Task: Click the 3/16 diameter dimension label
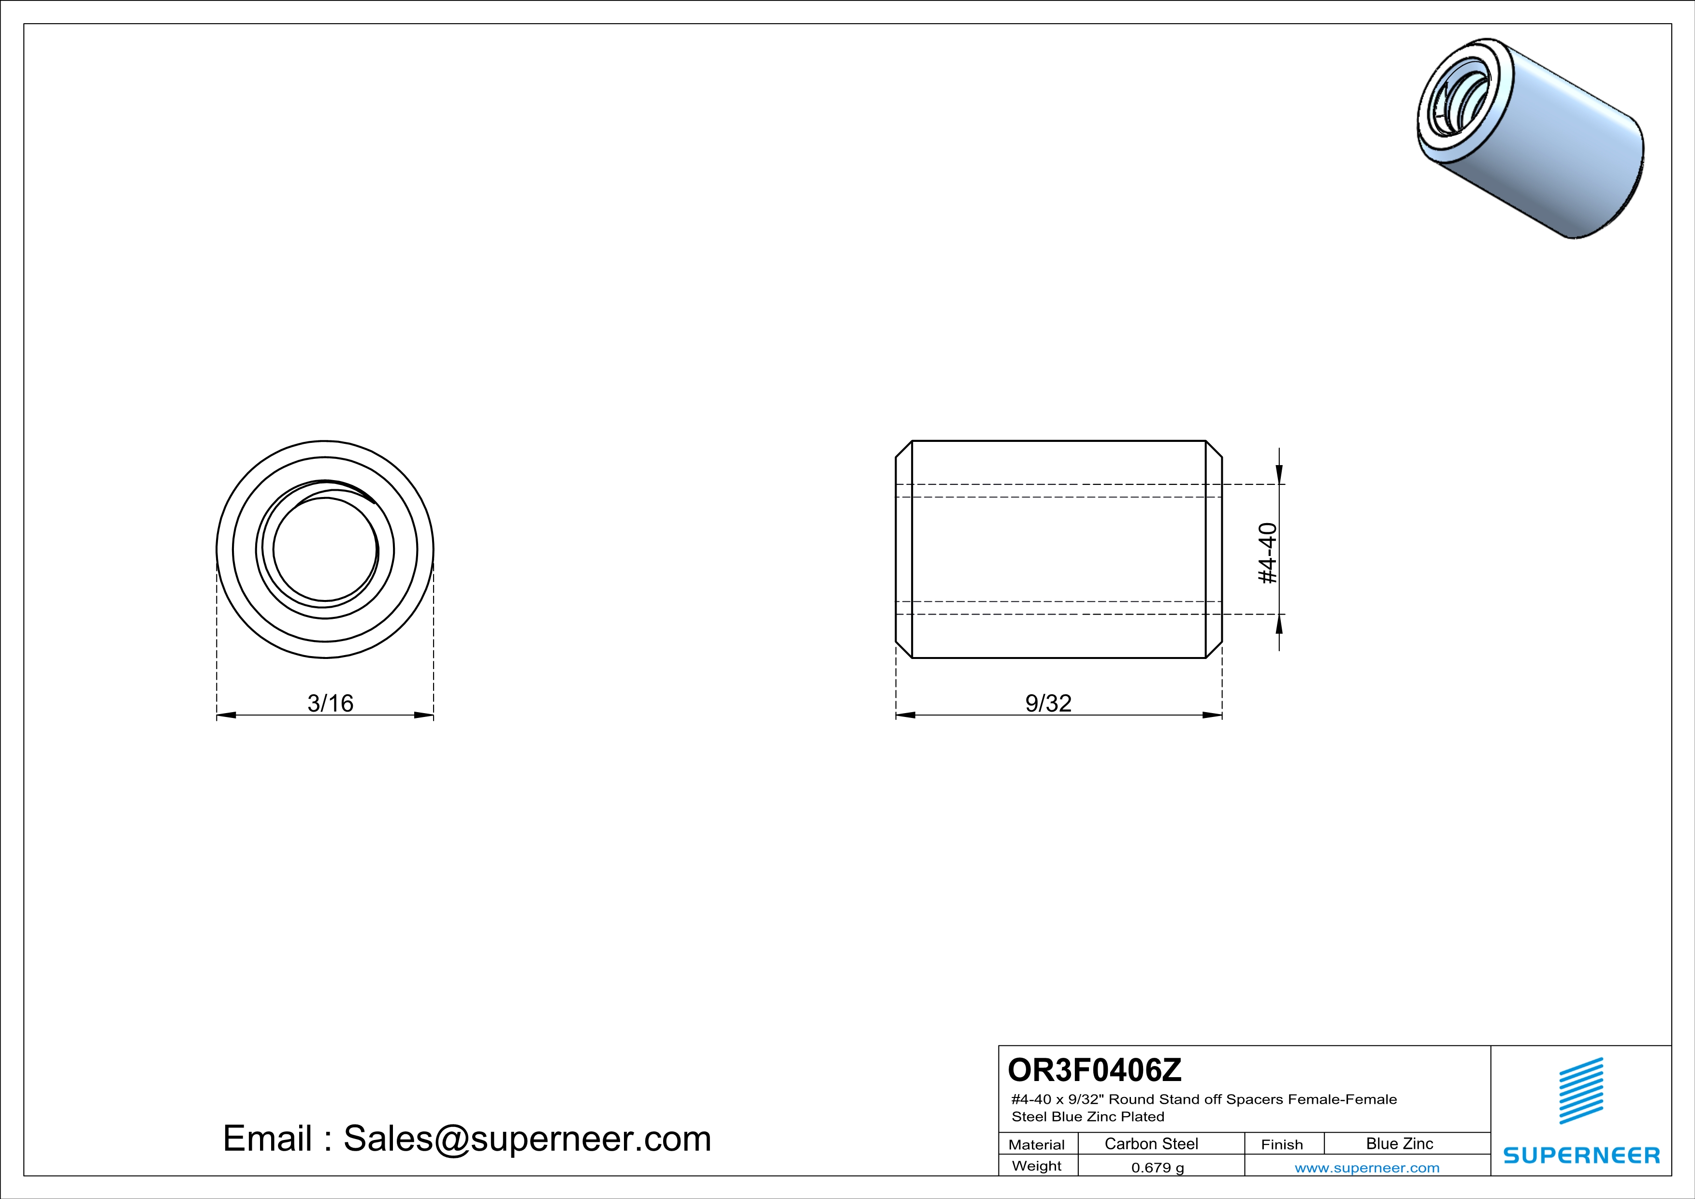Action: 330,703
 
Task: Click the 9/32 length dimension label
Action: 1048,703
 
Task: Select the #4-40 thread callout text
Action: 1267,553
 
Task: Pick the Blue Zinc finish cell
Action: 1400,1143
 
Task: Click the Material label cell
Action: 1037,1144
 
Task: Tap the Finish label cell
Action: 1282,1144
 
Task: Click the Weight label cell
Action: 1037,1166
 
